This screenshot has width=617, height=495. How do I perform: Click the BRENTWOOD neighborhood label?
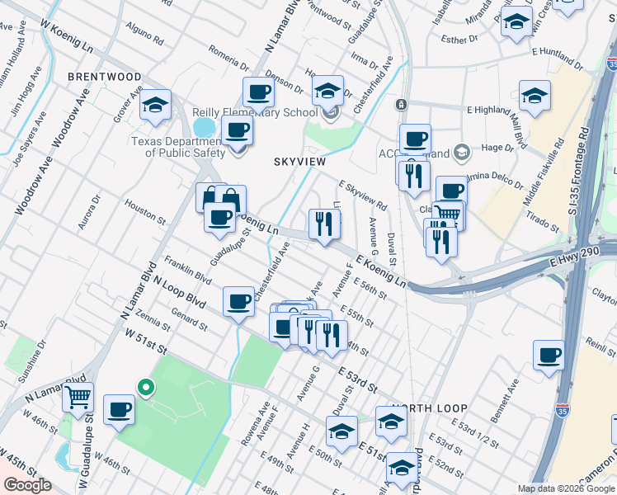(105, 77)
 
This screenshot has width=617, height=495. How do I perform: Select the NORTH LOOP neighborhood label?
(429, 408)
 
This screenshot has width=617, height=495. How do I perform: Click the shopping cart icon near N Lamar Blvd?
(78, 398)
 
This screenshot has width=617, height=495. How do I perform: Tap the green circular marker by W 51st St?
(146, 386)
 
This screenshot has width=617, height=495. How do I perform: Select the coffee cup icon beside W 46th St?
(120, 408)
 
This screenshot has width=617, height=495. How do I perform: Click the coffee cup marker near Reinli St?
(549, 356)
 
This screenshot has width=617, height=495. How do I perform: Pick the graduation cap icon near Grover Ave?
(155, 104)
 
